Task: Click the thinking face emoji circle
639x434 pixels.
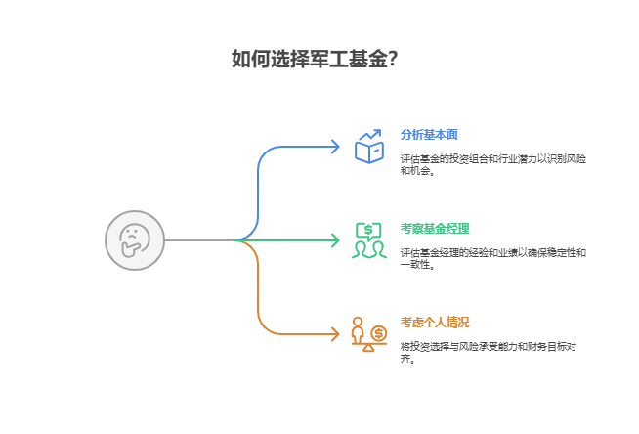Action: click(x=135, y=240)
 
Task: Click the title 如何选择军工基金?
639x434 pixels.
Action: click(x=314, y=59)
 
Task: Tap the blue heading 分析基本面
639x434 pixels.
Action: click(x=429, y=135)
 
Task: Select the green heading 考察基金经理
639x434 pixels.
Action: click(x=435, y=229)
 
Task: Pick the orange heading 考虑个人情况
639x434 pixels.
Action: click(x=435, y=323)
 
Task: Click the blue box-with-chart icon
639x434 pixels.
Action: click(x=368, y=148)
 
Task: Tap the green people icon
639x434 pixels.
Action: click(x=368, y=240)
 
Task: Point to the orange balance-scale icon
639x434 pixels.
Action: click(x=368, y=334)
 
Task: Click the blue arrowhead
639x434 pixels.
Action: click(x=335, y=147)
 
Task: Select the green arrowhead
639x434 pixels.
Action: click(x=335, y=240)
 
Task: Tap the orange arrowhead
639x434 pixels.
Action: click(x=335, y=334)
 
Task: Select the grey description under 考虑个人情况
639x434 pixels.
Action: click(x=488, y=352)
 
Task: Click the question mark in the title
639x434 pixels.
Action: click(x=391, y=59)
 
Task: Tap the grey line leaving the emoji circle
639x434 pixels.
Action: click(x=199, y=240)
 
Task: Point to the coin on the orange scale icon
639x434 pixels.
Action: click(x=379, y=332)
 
